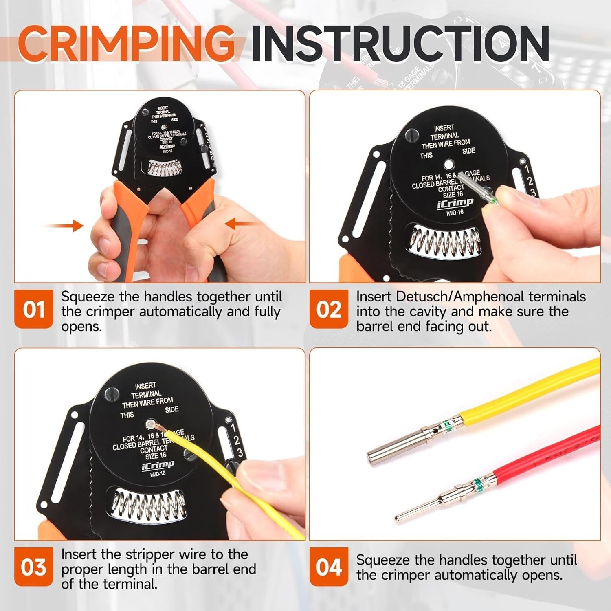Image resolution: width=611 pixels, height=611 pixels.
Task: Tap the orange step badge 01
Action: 33,309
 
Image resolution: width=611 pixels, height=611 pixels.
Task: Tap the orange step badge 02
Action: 329,309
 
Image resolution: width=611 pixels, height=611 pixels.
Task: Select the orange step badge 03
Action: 33,567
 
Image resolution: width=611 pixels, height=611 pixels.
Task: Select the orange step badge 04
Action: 329,567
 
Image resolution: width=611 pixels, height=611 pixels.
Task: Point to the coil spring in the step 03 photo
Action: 148,505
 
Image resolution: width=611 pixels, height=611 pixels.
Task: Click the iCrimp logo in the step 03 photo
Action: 158,465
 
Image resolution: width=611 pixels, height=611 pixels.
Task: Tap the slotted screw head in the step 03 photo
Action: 112,393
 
